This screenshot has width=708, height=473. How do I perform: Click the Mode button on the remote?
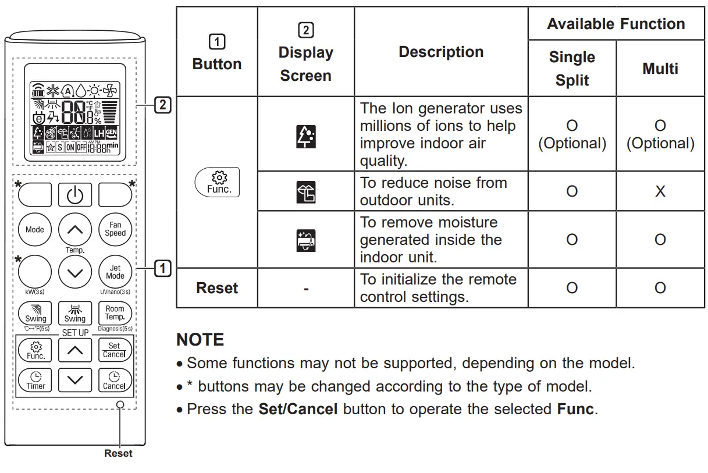pyautogui.click(x=35, y=229)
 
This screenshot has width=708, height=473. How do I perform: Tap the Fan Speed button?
pyautogui.click(x=115, y=229)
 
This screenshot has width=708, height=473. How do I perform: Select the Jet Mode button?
pyautogui.click(x=115, y=272)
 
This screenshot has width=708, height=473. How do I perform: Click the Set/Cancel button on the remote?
pyautogui.click(x=114, y=350)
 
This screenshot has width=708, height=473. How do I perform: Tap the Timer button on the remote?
pyautogui.click(x=35, y=380)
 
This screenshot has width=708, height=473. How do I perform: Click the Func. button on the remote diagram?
pyautogui.click(x=35, y=350)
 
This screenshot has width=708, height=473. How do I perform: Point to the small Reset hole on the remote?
pyautogui.click(x=120, y=404)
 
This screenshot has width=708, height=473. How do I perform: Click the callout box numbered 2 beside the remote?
pyautogui.click(x=162, y=105)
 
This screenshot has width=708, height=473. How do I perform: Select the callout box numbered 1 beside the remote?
pyautogui.click(x=162, y=268)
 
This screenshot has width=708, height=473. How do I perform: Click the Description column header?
pyautogui.click(x=441, y=52)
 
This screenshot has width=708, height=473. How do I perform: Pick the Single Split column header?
pyautogui.click(x=572, y=69)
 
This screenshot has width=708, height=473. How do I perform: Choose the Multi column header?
pyautogui.click(x=660, y=69)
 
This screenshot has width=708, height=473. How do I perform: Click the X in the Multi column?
pyautogui.click(x=660, y=191)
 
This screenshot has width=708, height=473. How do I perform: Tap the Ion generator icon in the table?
pyautogui.click(x=306, y=134)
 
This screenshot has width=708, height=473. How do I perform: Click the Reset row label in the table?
pyautogui.click(x=217, y=288)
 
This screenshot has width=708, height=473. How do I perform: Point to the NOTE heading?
pyautogui.click(x=200, y=340)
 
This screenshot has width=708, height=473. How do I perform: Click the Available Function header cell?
pyautogui.click(x=616, y=24)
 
